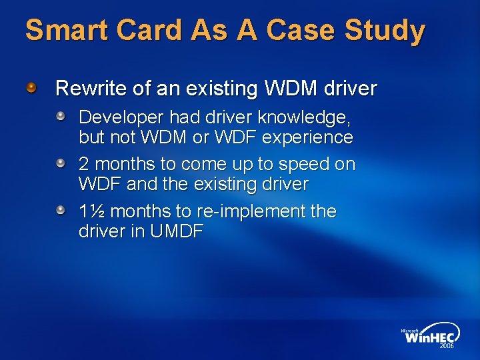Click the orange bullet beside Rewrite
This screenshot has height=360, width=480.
coord(31,87)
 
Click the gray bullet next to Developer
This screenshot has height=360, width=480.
coord(61,117)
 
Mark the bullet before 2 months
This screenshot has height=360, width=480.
coord(61,163)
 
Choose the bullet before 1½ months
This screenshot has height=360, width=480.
coord(61,211)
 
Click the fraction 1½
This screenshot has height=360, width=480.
coord(91,211)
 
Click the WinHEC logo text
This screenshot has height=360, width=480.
coord(428,337)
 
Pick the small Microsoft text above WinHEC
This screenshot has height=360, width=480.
coord(411,329)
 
